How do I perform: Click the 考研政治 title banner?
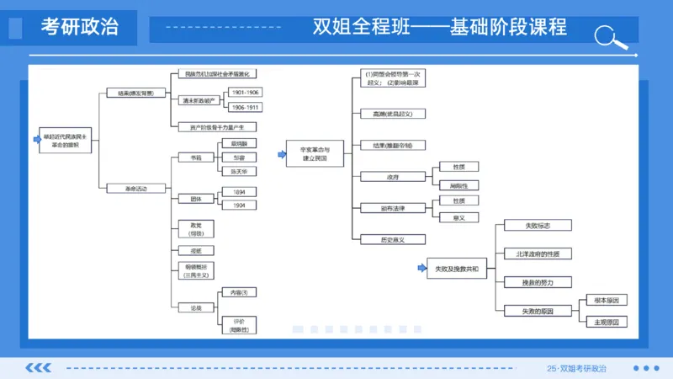point(79,27)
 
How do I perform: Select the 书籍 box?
point(196,157)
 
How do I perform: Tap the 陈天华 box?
point(238,171)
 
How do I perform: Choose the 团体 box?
point(196,199)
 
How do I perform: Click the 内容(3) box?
point(238,292)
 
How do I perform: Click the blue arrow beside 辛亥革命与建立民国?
point(281,154)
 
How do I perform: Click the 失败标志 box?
point(537,226)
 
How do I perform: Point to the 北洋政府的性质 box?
point(537,254)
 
